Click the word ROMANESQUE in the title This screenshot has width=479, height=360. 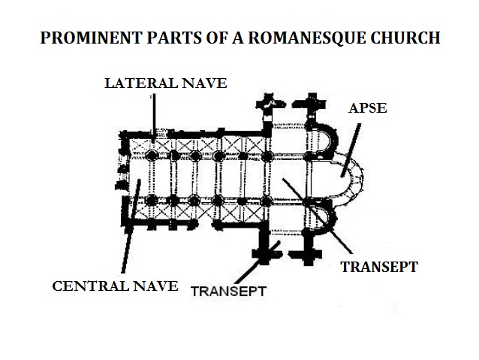(306, 38)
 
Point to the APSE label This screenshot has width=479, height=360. (368, 108)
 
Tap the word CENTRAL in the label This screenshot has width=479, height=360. (90, 286)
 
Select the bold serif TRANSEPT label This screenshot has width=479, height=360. (379, 267)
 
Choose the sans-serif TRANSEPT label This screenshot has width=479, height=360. (228, 291)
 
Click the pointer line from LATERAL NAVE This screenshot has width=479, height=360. (154, 117)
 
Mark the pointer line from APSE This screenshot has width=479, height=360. (351, 150)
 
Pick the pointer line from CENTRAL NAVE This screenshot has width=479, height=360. (131, 226)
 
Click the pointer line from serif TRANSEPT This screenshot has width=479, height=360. (317, 216)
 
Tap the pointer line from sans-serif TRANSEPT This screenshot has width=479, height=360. (258, 262)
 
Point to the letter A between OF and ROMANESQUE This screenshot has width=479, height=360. (238, 38)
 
